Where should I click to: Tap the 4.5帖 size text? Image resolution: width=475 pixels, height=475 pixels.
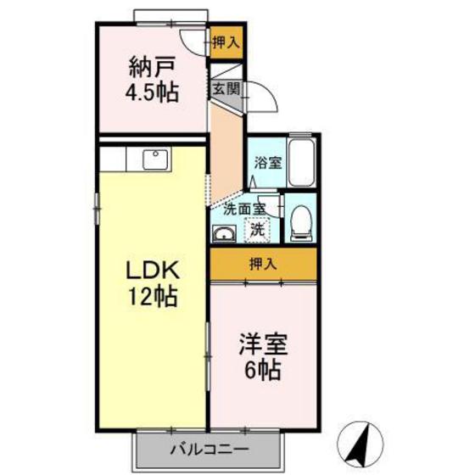point(153,92)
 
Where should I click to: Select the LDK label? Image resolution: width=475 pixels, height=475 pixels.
point(152,271)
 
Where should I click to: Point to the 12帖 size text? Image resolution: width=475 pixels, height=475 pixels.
point(152,298)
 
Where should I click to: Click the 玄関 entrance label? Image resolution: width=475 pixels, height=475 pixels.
point(226,88)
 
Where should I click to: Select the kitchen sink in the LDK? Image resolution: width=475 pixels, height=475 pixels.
point(154,159)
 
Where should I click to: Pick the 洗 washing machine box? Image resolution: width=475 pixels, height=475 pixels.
point(256,227)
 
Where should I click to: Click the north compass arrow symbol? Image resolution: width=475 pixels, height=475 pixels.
point(366,441)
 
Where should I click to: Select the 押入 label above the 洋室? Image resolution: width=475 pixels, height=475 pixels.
point(263,264)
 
